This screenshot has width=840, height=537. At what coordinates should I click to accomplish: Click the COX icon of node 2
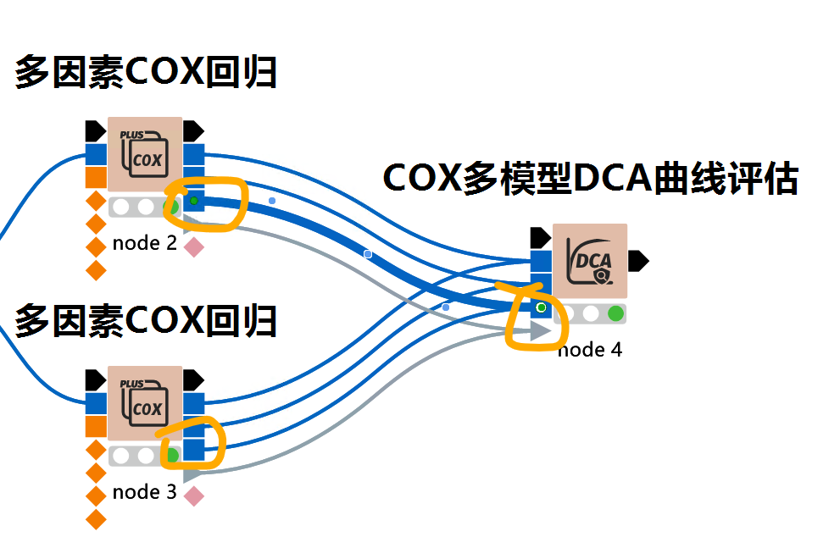[145, 154]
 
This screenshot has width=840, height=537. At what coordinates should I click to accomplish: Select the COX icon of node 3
[145, 403]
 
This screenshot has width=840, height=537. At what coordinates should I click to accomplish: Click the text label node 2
[145, 244]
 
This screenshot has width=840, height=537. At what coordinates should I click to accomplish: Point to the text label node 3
[145, 492]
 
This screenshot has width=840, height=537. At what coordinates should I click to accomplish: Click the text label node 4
[591, 349]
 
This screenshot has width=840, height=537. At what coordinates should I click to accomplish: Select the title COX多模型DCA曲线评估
[590, 179]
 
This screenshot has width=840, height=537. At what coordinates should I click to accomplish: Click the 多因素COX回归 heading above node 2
[146, 74]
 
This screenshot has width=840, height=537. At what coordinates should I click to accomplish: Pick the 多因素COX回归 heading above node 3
[146, 321]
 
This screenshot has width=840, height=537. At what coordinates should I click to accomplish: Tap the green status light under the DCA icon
[616, 313]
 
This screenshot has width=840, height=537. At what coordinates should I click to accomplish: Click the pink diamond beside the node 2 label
[194, 246]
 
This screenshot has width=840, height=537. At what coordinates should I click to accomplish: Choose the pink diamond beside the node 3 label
[194, 496]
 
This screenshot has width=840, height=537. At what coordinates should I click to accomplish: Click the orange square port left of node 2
[96, 177]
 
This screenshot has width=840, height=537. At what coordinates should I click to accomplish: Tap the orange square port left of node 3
[96, 425]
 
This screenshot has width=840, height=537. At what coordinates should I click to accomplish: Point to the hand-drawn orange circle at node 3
[193, 440]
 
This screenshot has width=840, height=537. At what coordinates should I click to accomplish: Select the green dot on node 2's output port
[193, 201]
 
